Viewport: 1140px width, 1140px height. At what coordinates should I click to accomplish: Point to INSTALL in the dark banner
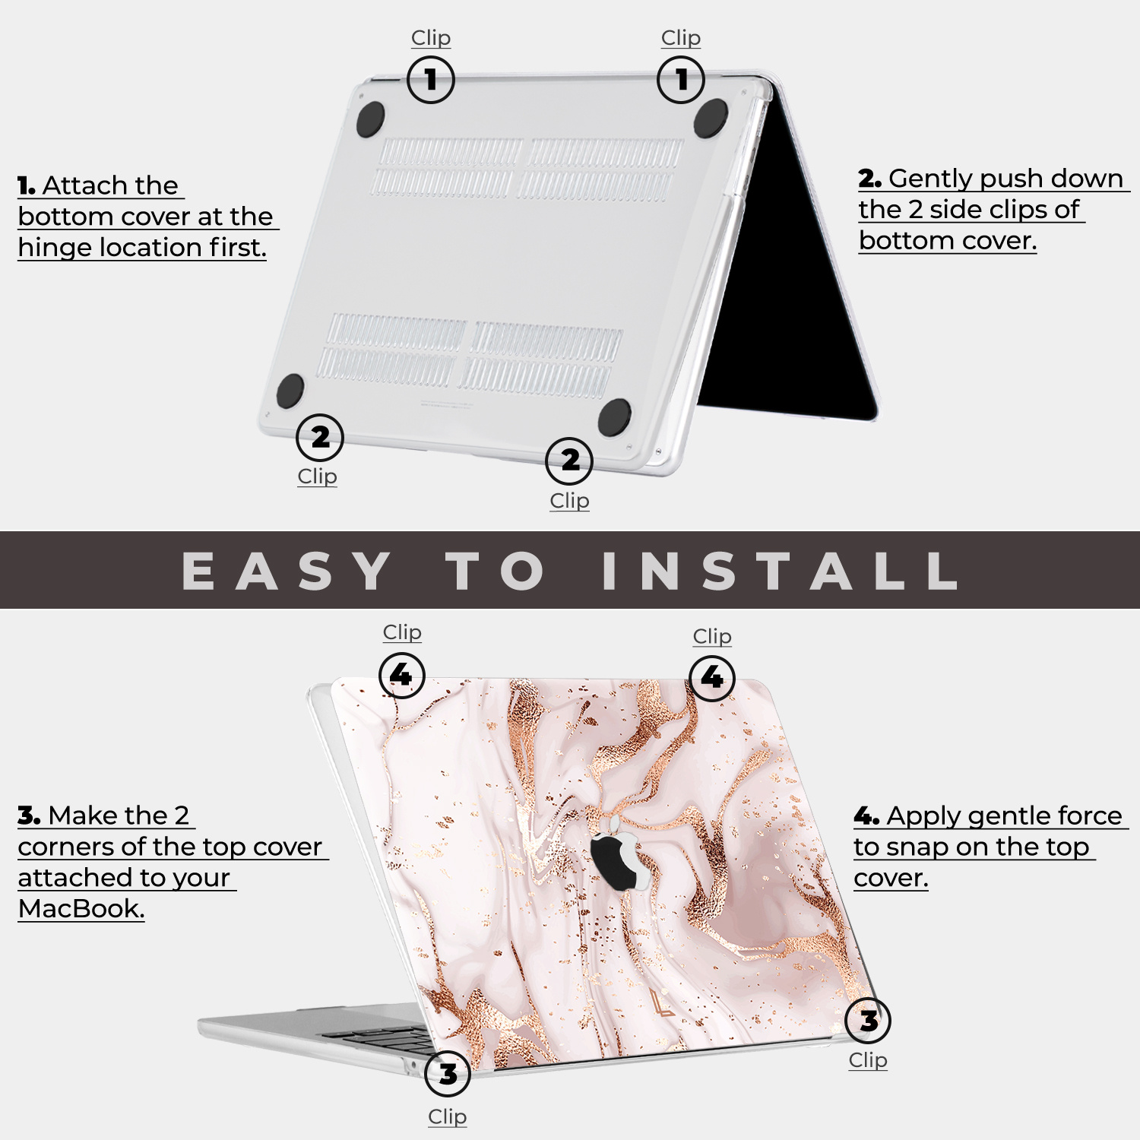click(x=780, y=570)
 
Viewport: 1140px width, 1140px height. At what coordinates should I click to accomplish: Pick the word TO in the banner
click(x=496, y=570)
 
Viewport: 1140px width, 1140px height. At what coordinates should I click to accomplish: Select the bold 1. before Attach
click(x=27, y=185)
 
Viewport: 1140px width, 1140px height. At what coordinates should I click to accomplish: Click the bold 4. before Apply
click(x=866, y=816)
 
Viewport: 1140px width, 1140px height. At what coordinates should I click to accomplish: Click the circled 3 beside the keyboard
click(x=448, y=1073)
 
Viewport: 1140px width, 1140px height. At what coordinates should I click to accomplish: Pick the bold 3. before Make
click(x=29, y=815)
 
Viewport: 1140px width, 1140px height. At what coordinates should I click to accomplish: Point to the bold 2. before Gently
click(x=869, y=179)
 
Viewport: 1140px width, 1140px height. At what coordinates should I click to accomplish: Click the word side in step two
click(x=958, y=209)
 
